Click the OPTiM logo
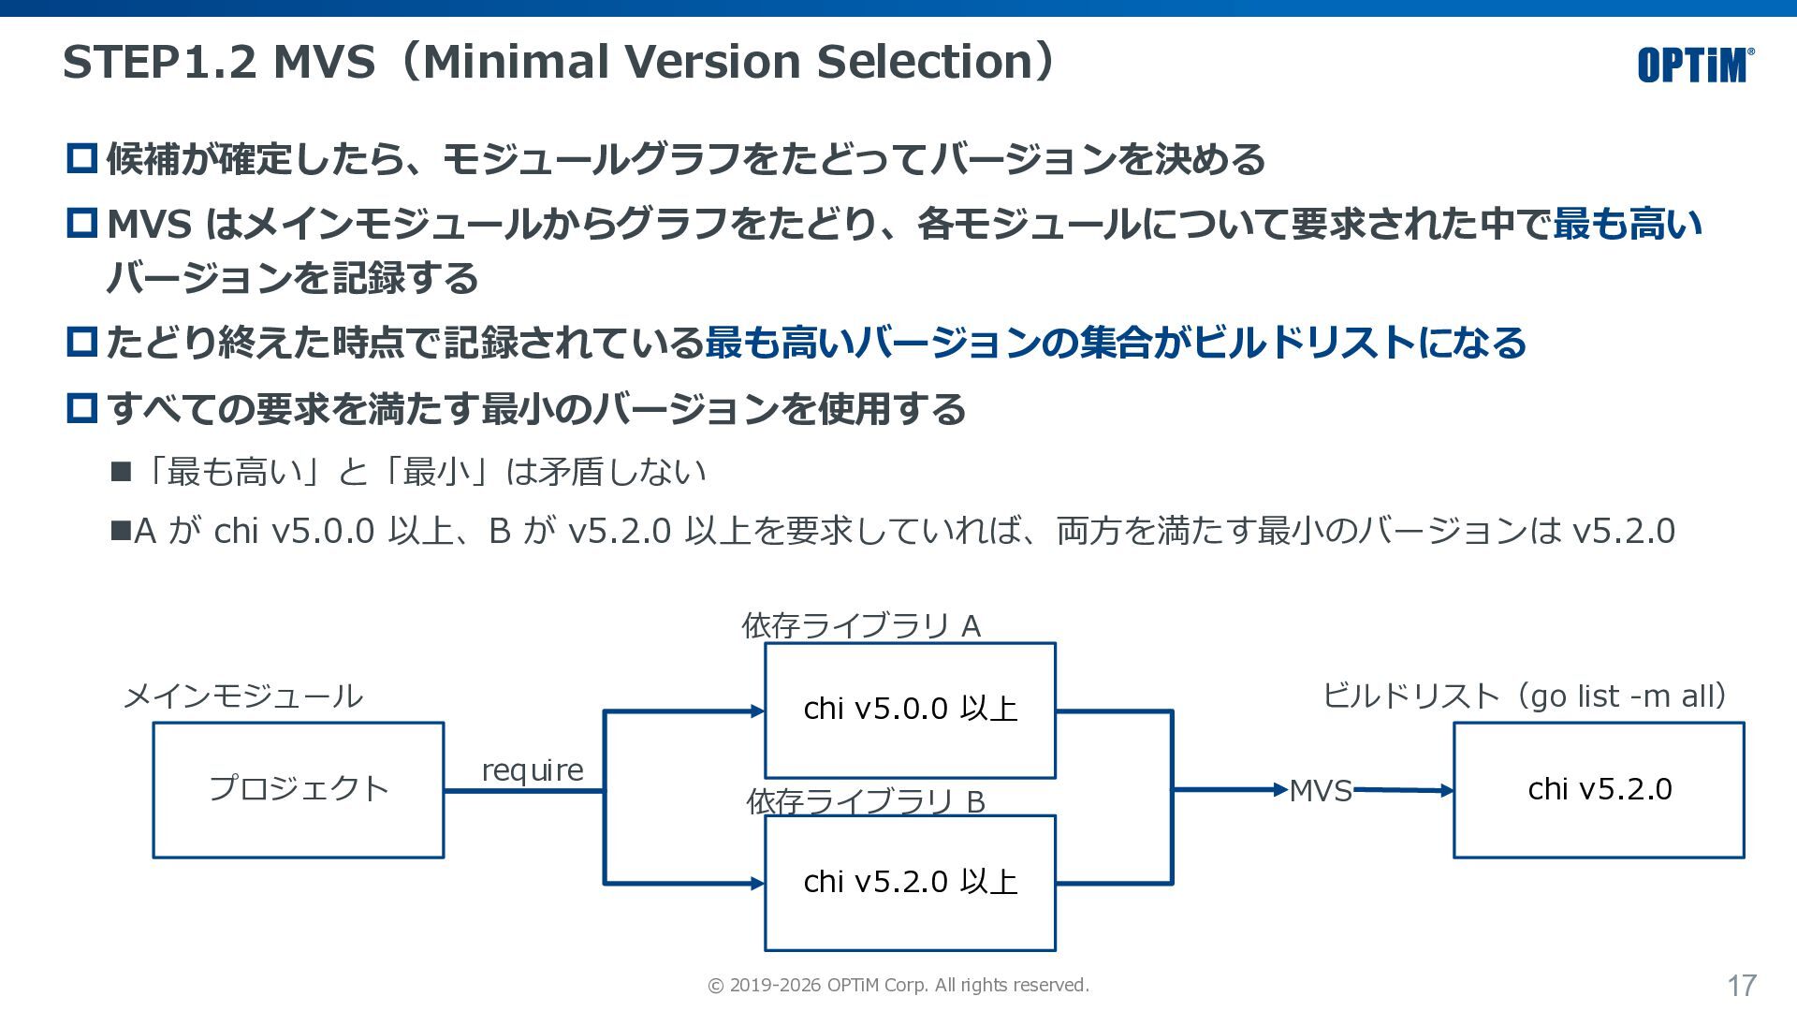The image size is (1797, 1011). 1696,65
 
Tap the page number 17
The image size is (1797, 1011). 1742,986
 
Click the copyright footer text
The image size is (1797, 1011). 898,985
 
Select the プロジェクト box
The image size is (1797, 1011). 299,790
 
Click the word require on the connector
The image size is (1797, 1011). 533,770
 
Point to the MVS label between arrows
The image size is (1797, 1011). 1321,791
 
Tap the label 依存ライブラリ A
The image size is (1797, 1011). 861,625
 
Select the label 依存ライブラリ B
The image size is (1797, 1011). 866,801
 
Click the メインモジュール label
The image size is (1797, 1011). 243,696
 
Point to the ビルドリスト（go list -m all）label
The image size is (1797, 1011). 1526,696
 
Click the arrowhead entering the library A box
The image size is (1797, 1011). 758,711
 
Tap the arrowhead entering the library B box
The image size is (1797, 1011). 758,883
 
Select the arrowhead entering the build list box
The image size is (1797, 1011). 1447,791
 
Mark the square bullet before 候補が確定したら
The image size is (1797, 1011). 82,157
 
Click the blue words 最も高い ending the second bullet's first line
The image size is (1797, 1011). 1628,224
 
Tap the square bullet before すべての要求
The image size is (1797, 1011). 82,407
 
